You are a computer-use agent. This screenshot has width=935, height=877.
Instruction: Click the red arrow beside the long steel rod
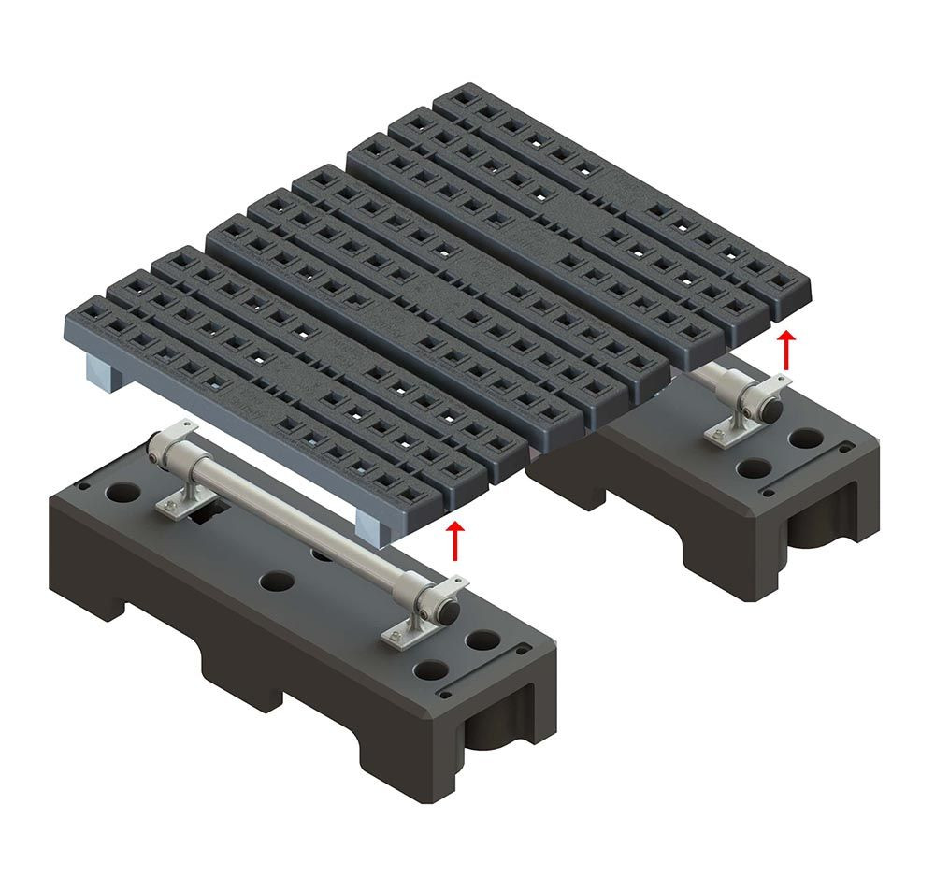(455, 541)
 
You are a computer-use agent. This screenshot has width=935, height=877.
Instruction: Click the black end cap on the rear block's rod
(771, 408)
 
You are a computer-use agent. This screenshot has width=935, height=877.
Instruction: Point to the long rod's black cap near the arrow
(450, 609)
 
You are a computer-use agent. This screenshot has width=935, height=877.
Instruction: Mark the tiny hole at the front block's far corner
(84, 486)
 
